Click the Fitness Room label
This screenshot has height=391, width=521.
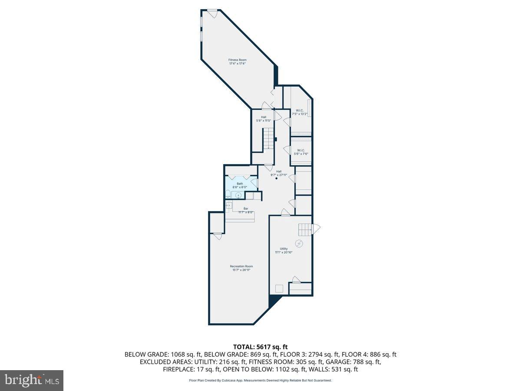(x=237, y=62)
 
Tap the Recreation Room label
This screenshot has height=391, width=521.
(x=241, y=268)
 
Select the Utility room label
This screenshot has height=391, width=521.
(x=284, y=251)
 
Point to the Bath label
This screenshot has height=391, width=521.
(x=240, y=186)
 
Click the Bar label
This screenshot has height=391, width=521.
(x=246, y=211)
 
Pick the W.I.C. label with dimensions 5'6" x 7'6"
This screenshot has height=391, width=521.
(x=300, y=152)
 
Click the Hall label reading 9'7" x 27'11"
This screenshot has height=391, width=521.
(x=279, y=173)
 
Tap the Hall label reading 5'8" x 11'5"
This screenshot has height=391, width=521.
(x=264, y=119)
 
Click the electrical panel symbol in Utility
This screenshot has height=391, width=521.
(x=299, y=243)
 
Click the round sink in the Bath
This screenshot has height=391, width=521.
(x=237, y=195)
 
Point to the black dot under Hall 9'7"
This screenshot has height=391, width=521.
(x=277, y=179)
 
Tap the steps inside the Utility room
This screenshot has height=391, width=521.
(x=305, y=229)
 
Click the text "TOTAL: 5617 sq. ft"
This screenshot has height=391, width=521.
(x=260, y=347)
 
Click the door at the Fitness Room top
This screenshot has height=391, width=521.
(x=212, y=13)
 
